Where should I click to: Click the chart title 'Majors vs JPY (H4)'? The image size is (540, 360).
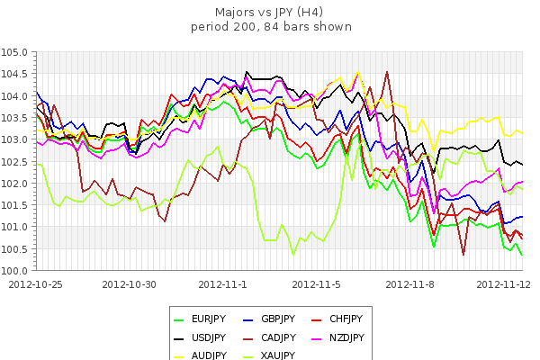click(x=271, y=13)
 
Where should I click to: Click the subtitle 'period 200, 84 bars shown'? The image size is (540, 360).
click(x=271, y=26)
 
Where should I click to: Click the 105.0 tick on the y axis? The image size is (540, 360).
click(x=16, y=52)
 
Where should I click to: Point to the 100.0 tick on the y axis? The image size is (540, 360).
click(x=16, y=270)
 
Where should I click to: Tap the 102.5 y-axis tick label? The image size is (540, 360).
click(x=16, y=161)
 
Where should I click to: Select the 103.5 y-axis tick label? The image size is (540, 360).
click(x=16, y=118)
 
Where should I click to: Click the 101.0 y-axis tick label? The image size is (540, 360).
click(x=16, y=227)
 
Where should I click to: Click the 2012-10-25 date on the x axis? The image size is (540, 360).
click(x=36, y=283)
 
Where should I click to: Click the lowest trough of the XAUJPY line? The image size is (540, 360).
click(x=293, y=254)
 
